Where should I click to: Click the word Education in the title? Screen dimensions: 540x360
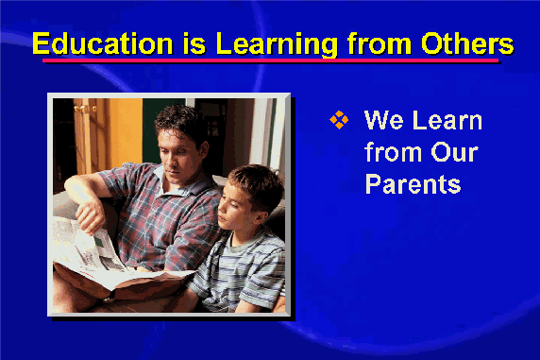(x=102, y=43)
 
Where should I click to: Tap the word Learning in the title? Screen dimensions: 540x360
(x=277, y=44)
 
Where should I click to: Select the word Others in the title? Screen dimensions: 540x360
(x=467, y=43)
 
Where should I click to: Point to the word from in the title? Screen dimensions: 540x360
(x=380, y=43)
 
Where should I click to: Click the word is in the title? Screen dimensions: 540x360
(x=194, y=43)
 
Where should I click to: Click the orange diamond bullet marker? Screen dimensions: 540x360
(x=339, y=120)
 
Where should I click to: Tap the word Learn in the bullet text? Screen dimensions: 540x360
(x=447, y=120)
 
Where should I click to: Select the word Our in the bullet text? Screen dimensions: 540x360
(x=454, y=152)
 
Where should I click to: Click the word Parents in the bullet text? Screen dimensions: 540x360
(x=413, y=184)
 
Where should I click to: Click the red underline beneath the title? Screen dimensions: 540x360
(x=270, y=60)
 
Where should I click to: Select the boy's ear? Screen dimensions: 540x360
(x=261, y=217)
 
